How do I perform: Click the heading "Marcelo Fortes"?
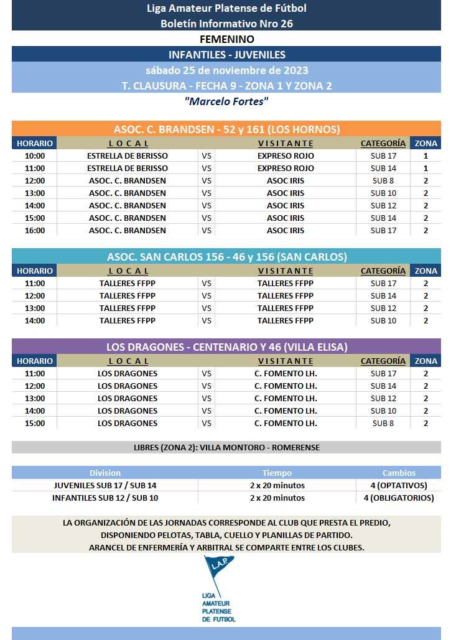pyautogui.click(x=226, y=101)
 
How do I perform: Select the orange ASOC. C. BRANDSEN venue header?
pyautogui.click(x=226, y=129)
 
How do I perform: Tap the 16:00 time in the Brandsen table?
pyautogui.click(x=35, y=230)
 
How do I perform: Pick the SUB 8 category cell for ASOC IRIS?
pyautogui.click(x=383, y=180)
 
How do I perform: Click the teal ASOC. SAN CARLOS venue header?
pyautogui.click(x=226, y=257)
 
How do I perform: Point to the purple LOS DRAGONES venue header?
pyautogui.click(x=226, y=347)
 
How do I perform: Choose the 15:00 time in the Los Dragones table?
pyautogui.click(x=35, y=423)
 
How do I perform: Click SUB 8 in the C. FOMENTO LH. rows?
pyautogui.click(x=383, y=423)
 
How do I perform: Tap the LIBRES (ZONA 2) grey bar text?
pyautogui.click(x=226, y=447)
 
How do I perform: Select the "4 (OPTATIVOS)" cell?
pyautogui.click(x=399, y=485)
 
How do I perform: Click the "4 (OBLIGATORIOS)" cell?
pyautogui.click(x=399, y=498)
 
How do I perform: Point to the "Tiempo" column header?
pyautogui.click(x=277, y=473)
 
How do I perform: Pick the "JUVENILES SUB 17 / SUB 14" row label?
pyautogui.click(x=105, y=485)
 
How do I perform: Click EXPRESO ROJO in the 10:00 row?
pyautogui.click(x=286, y=155)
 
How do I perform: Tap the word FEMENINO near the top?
pyautogui.click(x=226, y=39)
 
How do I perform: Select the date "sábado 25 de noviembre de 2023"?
pyautogui.click(x=226, y=70)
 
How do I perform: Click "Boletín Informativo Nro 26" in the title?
pyautogui.click(x=226, y=24)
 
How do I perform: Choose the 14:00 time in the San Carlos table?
pyautogui.click(x=35, y=320)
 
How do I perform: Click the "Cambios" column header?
pyautogui.click(x=399, y=473)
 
